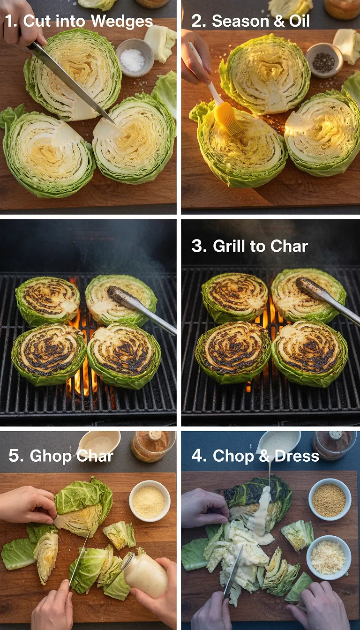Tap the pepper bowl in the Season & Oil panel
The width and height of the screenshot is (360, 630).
click(x=323, y=60)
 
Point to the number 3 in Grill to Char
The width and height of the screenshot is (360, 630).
click(x=199, y=246)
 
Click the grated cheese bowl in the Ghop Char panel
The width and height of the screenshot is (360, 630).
click(x=149, y=500)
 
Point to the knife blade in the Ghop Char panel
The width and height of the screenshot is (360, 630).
click(x=80, y=558)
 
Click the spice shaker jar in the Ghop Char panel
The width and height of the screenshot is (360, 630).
click(x=153, y=446)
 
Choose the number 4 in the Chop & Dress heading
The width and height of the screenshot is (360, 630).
click(x=199, y=456)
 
